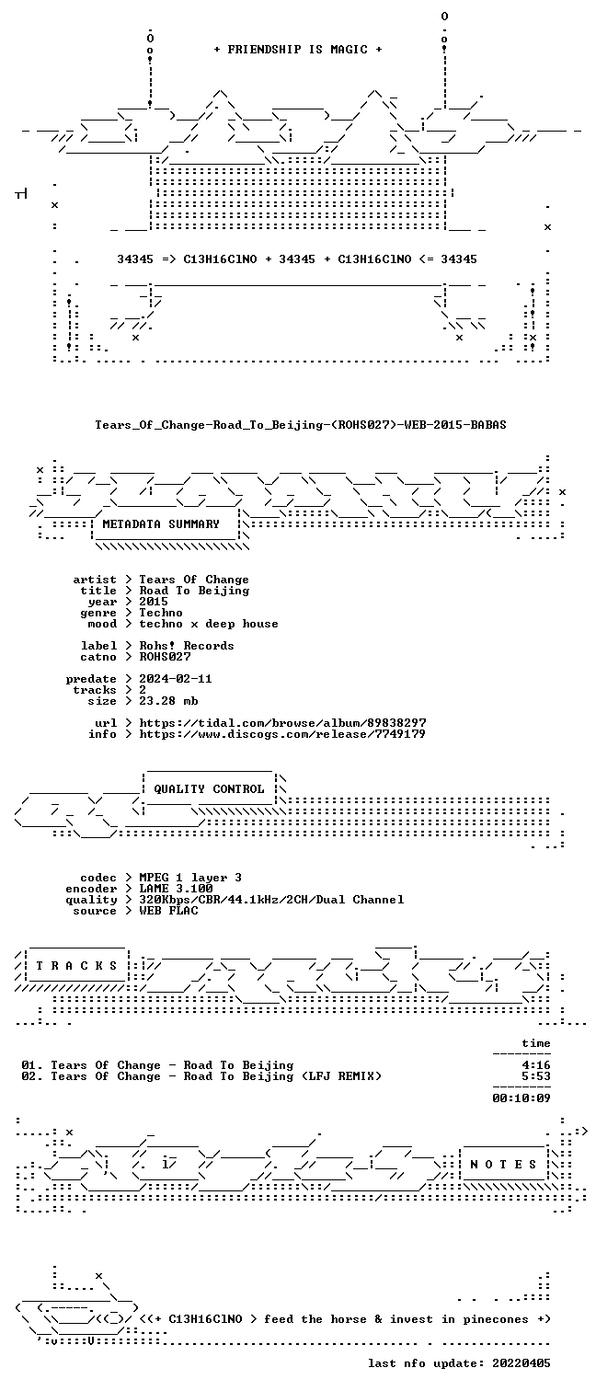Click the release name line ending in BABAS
click(301, 425)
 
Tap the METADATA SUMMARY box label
click(161, 524)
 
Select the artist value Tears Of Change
click(194, 580)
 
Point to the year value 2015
click(154, 602)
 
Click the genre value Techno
click(161, 613)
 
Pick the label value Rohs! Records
click(186, 646)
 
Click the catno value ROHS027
click(165, 657)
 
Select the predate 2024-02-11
click(175, 679)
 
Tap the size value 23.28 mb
click(168, 701)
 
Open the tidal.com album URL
click(282, 723)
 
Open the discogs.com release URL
click(281, 734)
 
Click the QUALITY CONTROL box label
click(209, 789)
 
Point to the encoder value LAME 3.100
click(176, 889)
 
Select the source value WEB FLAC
click(168, 911)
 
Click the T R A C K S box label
click(76, 966)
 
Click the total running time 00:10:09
click(521, 1098)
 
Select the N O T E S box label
click(503, 1165)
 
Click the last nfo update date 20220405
click(521, 1363)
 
